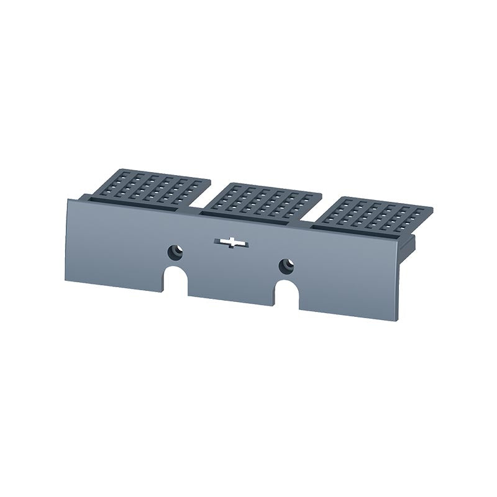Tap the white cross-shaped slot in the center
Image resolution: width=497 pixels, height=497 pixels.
[x=230, y=242]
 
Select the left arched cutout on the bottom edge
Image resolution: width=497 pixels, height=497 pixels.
[x=178, y=281]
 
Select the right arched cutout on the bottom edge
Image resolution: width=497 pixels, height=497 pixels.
[x=288, y=296]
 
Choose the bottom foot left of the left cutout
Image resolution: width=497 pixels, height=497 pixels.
[x=115, y=283]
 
